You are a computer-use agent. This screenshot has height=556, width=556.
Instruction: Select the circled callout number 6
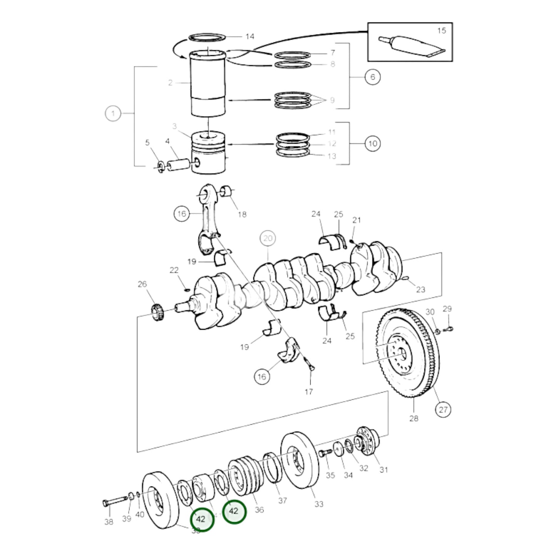click(372, 77)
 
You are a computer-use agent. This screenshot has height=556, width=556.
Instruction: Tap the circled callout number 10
click(372, 144)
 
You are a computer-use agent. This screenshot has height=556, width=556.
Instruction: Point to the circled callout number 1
click(113, 114)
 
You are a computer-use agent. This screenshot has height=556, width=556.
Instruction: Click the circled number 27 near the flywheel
click(443, 409)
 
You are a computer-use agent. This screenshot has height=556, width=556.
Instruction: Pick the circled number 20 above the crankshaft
click(268, 238)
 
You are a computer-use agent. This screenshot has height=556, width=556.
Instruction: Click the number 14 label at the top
click(250, 37)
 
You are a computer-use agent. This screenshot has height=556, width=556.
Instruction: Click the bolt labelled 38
click(114, 501)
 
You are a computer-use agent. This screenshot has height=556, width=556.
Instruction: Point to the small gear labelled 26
click(157, 312)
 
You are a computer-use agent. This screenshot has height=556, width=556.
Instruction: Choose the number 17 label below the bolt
click(309, 392)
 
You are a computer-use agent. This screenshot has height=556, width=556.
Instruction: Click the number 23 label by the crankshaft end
click(421, 289)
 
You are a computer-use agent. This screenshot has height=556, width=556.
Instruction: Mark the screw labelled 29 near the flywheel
click(449, 329)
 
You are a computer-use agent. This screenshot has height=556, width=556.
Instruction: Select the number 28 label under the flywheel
click(414, 418)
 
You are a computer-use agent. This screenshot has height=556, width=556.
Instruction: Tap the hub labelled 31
click(366, 441)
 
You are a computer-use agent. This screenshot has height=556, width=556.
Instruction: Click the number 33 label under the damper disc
click(319, 504)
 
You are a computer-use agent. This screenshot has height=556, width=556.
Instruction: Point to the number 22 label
click(174, 270)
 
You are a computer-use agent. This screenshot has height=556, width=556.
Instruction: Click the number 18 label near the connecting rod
click(242, 214)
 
